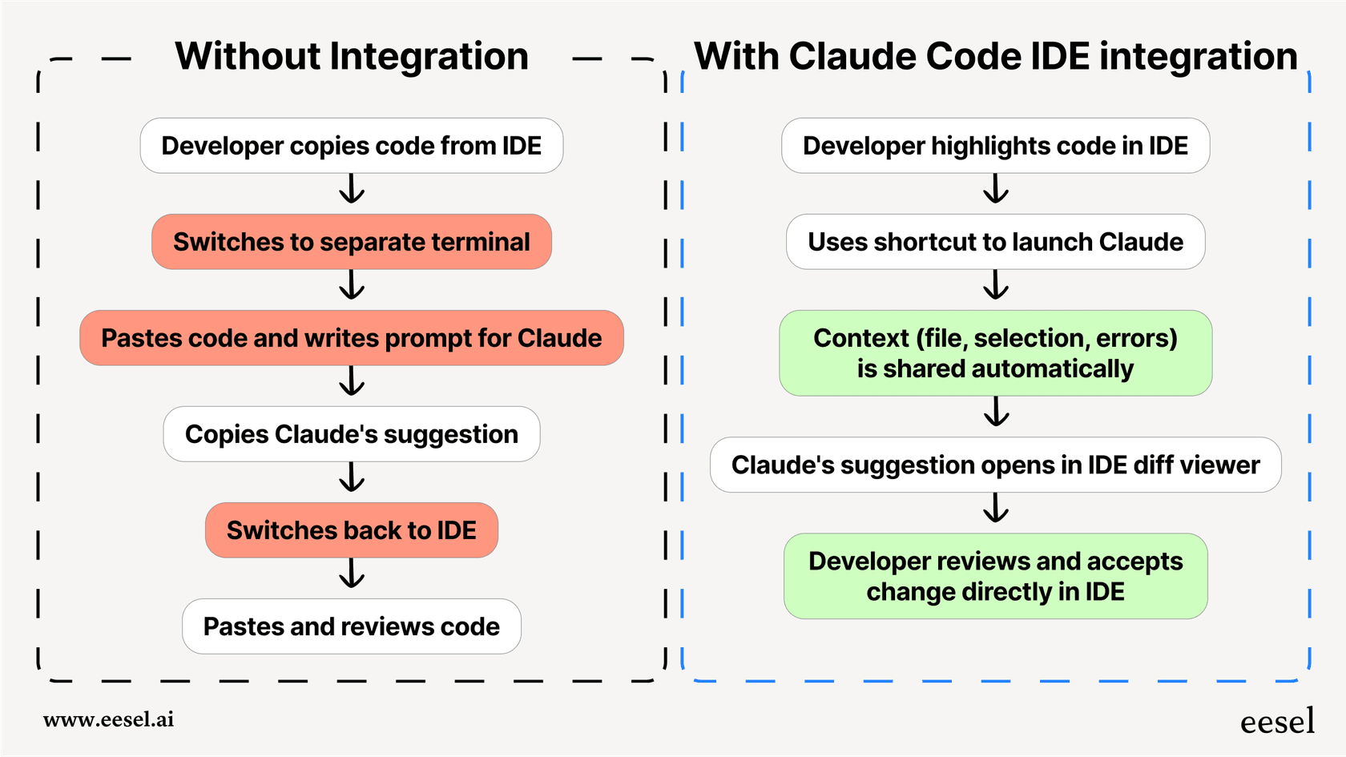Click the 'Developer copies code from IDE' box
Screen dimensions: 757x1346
tap(351, 146)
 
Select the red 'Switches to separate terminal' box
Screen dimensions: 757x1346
tap(351, 242)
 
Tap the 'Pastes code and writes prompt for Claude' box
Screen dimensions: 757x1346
tap(351, 338)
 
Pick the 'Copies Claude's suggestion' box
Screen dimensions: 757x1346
tap(351, 434)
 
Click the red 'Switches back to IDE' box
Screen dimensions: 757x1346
tap(351, 530)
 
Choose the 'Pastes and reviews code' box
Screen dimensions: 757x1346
tap(351, 626)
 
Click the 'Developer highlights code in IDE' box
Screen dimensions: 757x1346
tap(995, 146)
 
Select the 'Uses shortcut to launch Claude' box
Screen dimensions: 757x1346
tap(995, 242)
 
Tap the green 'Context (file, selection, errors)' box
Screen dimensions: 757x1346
tap(995, 353)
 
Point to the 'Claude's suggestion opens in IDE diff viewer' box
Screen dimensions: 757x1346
tap(995, 465)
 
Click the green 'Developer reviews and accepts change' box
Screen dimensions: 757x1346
tap(995, 576)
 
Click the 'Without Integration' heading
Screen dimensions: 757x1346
tap(352, 57)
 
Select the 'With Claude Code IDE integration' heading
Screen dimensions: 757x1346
tap(995, 57)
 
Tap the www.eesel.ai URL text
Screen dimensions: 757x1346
tap(108, 719)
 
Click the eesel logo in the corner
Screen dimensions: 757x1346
tap(1277, 722)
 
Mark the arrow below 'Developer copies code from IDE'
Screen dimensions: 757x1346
tap(352, 190)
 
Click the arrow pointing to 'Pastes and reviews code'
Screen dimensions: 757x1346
tap(352, 574)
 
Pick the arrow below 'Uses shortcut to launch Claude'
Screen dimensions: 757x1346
tap(996, 285)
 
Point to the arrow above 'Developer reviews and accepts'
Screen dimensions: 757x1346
tap(996, 508)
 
